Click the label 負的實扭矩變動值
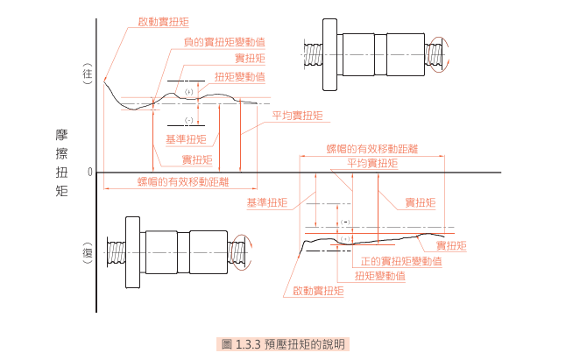(x=225, y=42)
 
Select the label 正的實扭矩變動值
(x=401, y=261)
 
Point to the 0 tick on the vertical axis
(x=89, y=172)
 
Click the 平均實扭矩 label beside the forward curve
(x=297, y=115)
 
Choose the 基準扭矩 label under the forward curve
(x=186, y=139)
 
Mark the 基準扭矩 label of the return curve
(x=267, y=202)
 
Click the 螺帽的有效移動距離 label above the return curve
(x=371, y=150)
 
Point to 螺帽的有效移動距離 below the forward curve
(x=183, y=181)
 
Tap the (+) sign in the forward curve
(x=188, y=92)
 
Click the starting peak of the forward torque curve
(x=104, y=81)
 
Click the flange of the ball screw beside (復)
(x=131, y=254)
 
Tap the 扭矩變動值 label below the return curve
(x=379, y=275)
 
